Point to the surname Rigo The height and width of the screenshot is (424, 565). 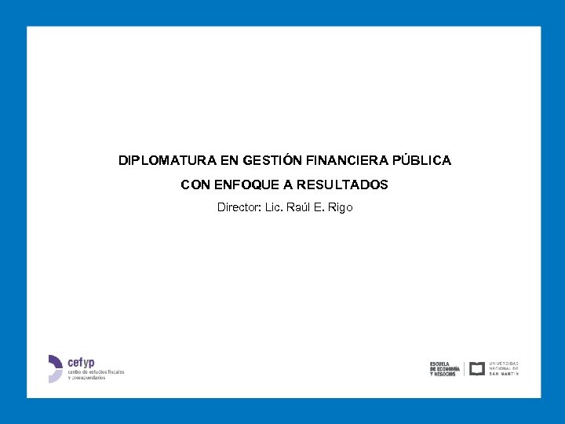pos(341,207)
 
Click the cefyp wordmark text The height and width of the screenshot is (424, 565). pos(81,362)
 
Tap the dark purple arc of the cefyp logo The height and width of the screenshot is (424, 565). pos(56,360)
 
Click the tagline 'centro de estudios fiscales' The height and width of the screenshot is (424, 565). pos(96,371)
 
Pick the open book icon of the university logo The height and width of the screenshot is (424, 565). pos(476,368)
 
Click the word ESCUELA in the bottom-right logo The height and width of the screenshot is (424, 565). pos(439,364)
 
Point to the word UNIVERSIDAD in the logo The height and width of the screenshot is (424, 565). pos(504,364)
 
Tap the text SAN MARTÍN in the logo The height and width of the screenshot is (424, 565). pos(504,374)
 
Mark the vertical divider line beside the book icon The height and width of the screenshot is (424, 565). pos(465,368)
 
